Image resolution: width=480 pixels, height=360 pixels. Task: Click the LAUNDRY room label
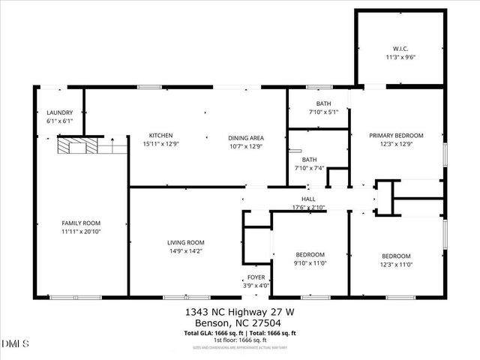[60, 112]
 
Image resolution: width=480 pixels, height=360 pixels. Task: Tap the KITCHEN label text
[160, 136]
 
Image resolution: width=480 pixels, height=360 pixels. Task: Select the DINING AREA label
[245, 138]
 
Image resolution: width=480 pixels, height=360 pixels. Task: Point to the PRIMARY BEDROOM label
[396, 136]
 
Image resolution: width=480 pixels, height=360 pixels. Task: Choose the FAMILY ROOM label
[81, 223]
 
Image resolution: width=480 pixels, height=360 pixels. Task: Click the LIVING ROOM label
[186, 242]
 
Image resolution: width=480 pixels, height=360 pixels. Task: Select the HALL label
[308, 199]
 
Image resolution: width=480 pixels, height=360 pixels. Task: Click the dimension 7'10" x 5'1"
[323, 112]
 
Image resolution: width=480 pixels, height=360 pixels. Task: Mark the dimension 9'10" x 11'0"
[309, 263]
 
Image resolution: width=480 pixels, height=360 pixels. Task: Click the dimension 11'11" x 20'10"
[81, 232]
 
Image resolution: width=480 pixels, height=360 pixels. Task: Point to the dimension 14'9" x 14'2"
[186, 251]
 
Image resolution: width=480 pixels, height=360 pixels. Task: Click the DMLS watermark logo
[16, 344]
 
